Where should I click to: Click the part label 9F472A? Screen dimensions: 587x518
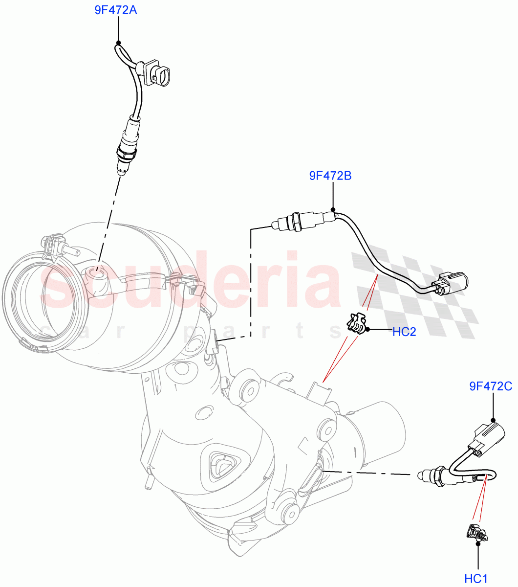tap(115, 10)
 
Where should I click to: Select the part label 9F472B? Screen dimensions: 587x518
tap(330, 175)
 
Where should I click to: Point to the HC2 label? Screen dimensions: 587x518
tap(404, 332)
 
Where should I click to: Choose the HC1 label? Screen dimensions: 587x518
tap(476, 579)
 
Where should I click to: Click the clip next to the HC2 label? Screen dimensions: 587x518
tap(357, 323)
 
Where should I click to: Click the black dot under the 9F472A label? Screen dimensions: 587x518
tap(118, 43)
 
